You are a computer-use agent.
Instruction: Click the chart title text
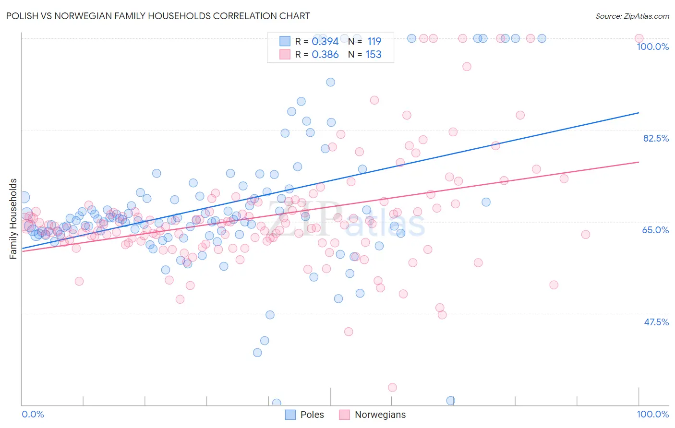(x=158, y=16)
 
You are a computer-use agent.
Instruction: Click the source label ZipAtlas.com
(x=632, y=16)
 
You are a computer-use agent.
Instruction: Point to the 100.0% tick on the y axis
(x=652, y=47)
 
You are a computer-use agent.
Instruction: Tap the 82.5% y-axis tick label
(x=656, y=138)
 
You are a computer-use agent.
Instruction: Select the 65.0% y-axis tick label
(x=655, y=230)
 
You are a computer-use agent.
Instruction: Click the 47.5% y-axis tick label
(x=656, y=322)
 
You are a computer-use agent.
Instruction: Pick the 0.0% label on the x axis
(x=33, y=414)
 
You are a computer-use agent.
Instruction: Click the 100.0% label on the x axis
(x=652, y=414)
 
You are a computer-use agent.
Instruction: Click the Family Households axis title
(x=13, y=219)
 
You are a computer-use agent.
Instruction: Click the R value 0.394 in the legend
(x=325, y=42)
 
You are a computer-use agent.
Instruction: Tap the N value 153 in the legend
(x=374, y=55)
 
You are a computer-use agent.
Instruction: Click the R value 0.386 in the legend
(x=325, y=55)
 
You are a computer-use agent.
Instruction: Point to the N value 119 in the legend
(x=374, y=42)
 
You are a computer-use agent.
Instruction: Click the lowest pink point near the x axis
(x=392, y=387)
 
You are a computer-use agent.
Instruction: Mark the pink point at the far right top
(x=639, y=38)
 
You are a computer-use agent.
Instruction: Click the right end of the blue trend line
(x=639, y=113)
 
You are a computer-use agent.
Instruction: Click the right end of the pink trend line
(x=639, y=162)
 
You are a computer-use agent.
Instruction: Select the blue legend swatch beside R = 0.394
(x=285, y=41)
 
